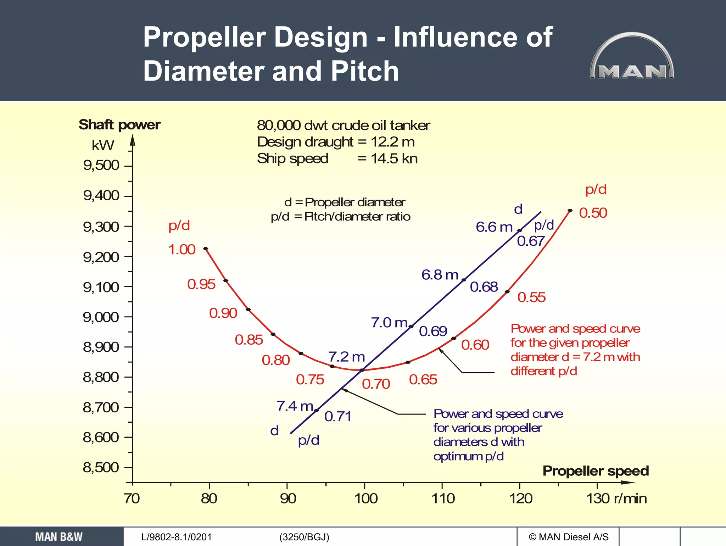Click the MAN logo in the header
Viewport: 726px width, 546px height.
click(632, 57)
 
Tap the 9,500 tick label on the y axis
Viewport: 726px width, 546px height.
click(101, 165)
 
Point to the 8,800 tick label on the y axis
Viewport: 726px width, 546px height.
click(101, 377)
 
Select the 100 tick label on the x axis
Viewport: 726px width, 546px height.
click(366, 498)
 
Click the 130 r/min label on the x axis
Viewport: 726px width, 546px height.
click(616, 498)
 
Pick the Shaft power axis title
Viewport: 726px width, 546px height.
click(119, 125)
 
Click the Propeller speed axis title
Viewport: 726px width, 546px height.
click(596, 471)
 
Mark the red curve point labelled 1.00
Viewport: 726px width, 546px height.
click(206, 249)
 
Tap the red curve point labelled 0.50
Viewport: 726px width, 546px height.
click(570, 211)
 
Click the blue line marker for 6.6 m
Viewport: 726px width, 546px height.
click(519, 230)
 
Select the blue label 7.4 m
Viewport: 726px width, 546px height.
click(295, 406)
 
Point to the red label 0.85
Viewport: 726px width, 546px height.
click(249, 340)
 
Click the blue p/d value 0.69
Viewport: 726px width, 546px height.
click(433, 331)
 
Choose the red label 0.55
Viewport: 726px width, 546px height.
click(531, 297)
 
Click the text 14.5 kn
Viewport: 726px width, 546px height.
click(394, 158)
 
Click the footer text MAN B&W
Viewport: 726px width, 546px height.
click(58, 537)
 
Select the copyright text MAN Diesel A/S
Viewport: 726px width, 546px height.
click(569, 537)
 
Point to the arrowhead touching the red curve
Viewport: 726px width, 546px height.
click(440, 350)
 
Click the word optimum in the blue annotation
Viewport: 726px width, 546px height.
click(458, 456)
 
